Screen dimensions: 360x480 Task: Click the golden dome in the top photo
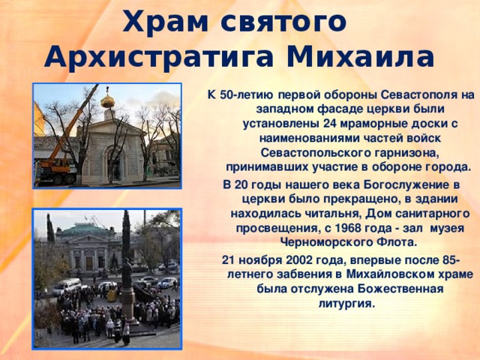[x=108, y=99]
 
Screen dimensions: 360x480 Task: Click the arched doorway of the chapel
[x=112, y=161]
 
